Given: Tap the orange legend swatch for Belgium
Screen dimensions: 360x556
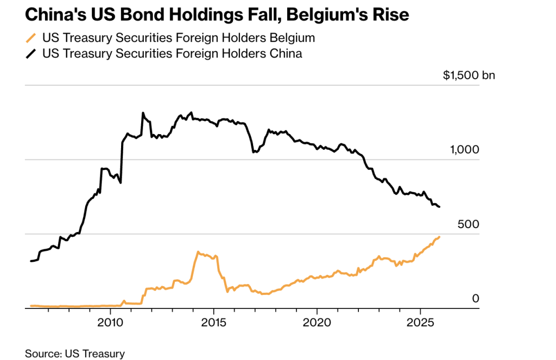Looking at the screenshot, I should (31, 39).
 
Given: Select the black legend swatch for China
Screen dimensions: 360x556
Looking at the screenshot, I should (31, 53).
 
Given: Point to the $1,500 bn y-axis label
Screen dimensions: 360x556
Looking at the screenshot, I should (469, 75).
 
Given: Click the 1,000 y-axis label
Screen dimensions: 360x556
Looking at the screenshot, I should (465, 150).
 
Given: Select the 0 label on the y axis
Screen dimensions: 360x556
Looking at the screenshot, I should (476, 298).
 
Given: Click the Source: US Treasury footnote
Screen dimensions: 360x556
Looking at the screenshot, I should (75, 353).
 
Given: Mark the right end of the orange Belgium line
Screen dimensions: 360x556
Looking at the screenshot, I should (439, 237).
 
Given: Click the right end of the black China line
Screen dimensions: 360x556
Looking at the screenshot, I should (439, 207).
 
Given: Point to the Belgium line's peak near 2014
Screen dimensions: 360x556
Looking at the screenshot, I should (198, 252).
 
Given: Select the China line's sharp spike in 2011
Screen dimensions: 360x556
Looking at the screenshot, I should (142, 113).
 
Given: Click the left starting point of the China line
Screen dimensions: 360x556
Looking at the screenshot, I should (31, 261).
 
